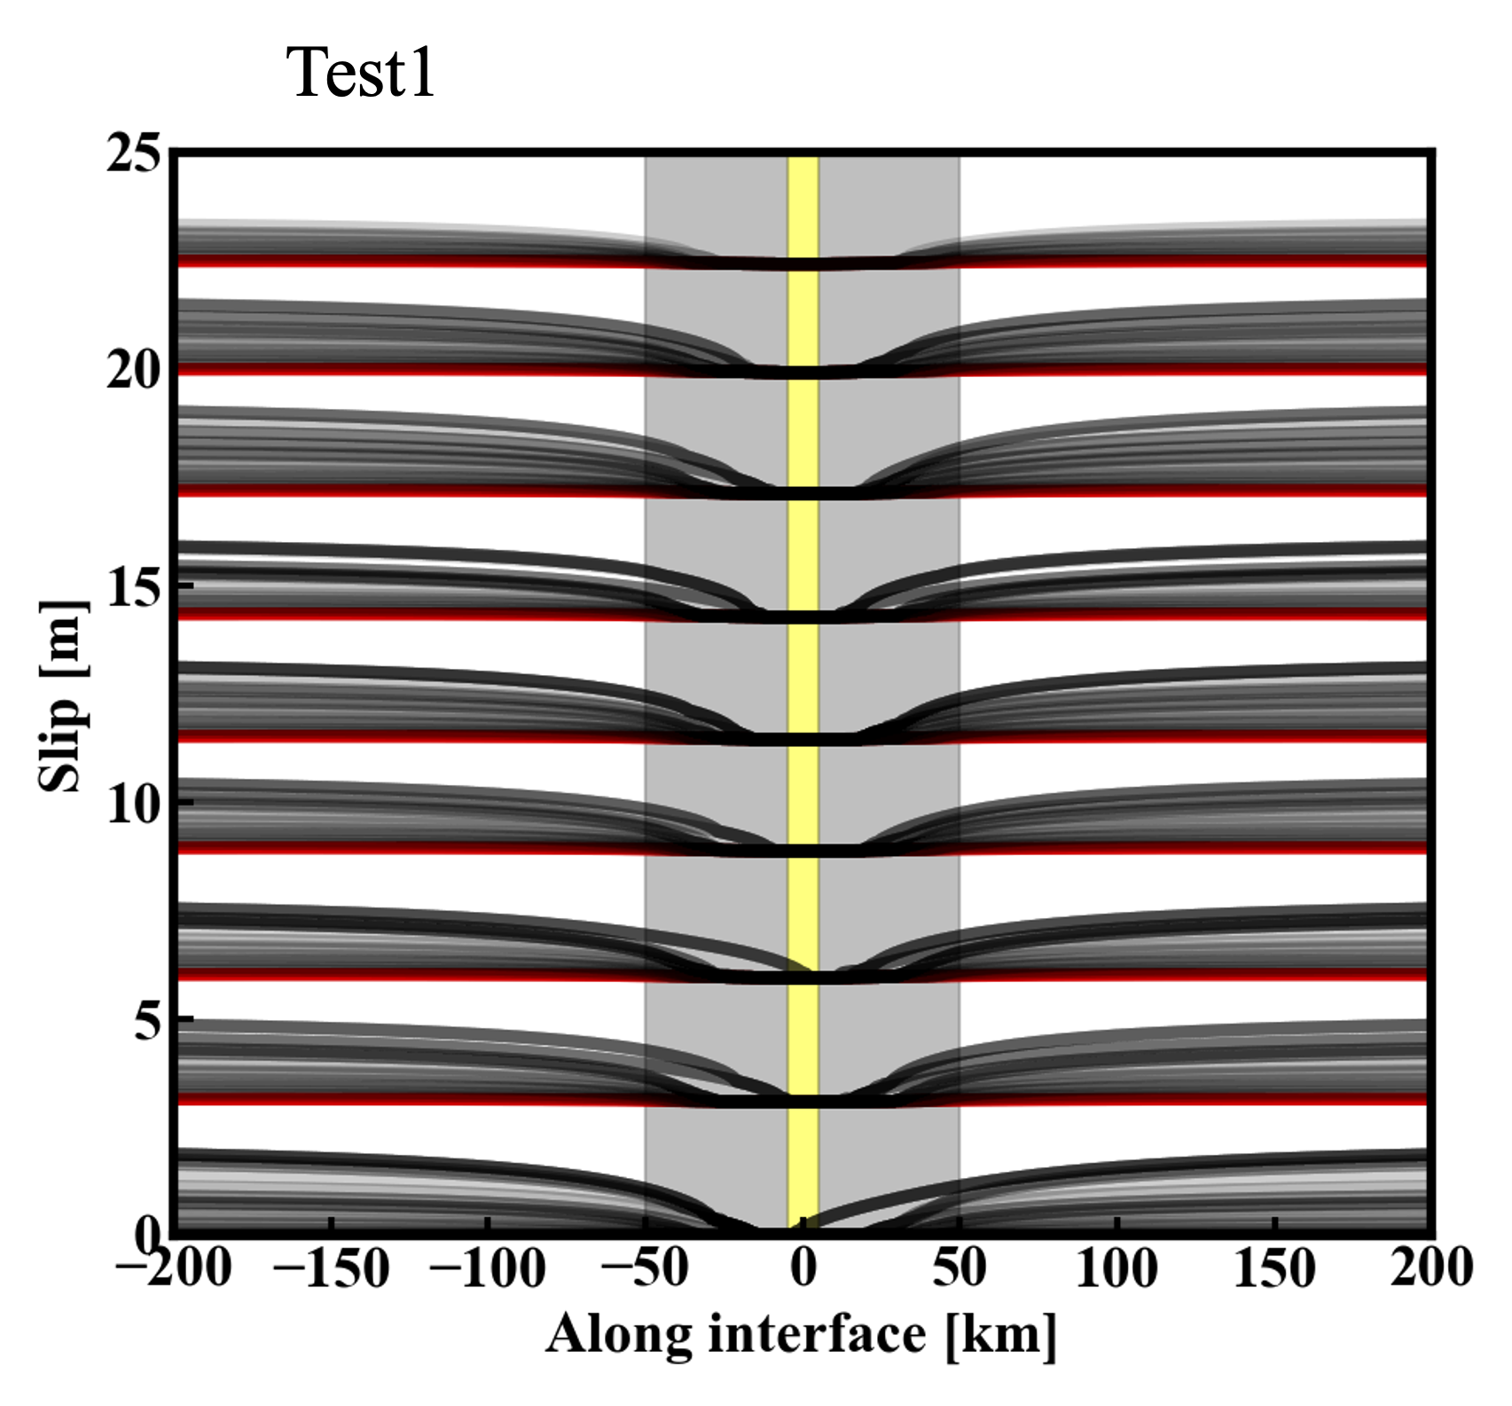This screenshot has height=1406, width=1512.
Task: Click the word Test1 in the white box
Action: [361, 71]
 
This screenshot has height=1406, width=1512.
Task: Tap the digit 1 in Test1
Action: [420, 71]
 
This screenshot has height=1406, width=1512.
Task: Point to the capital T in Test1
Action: [307, 71]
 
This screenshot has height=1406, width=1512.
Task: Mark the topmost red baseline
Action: [355, 263]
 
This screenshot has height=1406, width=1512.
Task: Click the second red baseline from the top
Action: [355, 370]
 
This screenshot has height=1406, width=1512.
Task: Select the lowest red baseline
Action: [355, 1101]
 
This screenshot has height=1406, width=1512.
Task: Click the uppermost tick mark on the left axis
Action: [185, 585]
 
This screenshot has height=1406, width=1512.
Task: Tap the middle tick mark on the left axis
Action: [185, 803]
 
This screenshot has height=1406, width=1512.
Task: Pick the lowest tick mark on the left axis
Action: [185, 1019]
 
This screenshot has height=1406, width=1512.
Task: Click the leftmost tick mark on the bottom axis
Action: [331, 1222]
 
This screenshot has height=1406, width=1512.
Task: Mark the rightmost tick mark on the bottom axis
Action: [1274, 1222]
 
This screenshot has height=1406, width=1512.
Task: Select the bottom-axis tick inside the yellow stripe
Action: [803, 1222]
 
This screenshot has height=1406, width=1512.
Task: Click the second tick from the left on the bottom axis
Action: [488, 1222]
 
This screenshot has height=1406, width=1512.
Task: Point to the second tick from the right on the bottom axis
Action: [1117, 1222]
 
